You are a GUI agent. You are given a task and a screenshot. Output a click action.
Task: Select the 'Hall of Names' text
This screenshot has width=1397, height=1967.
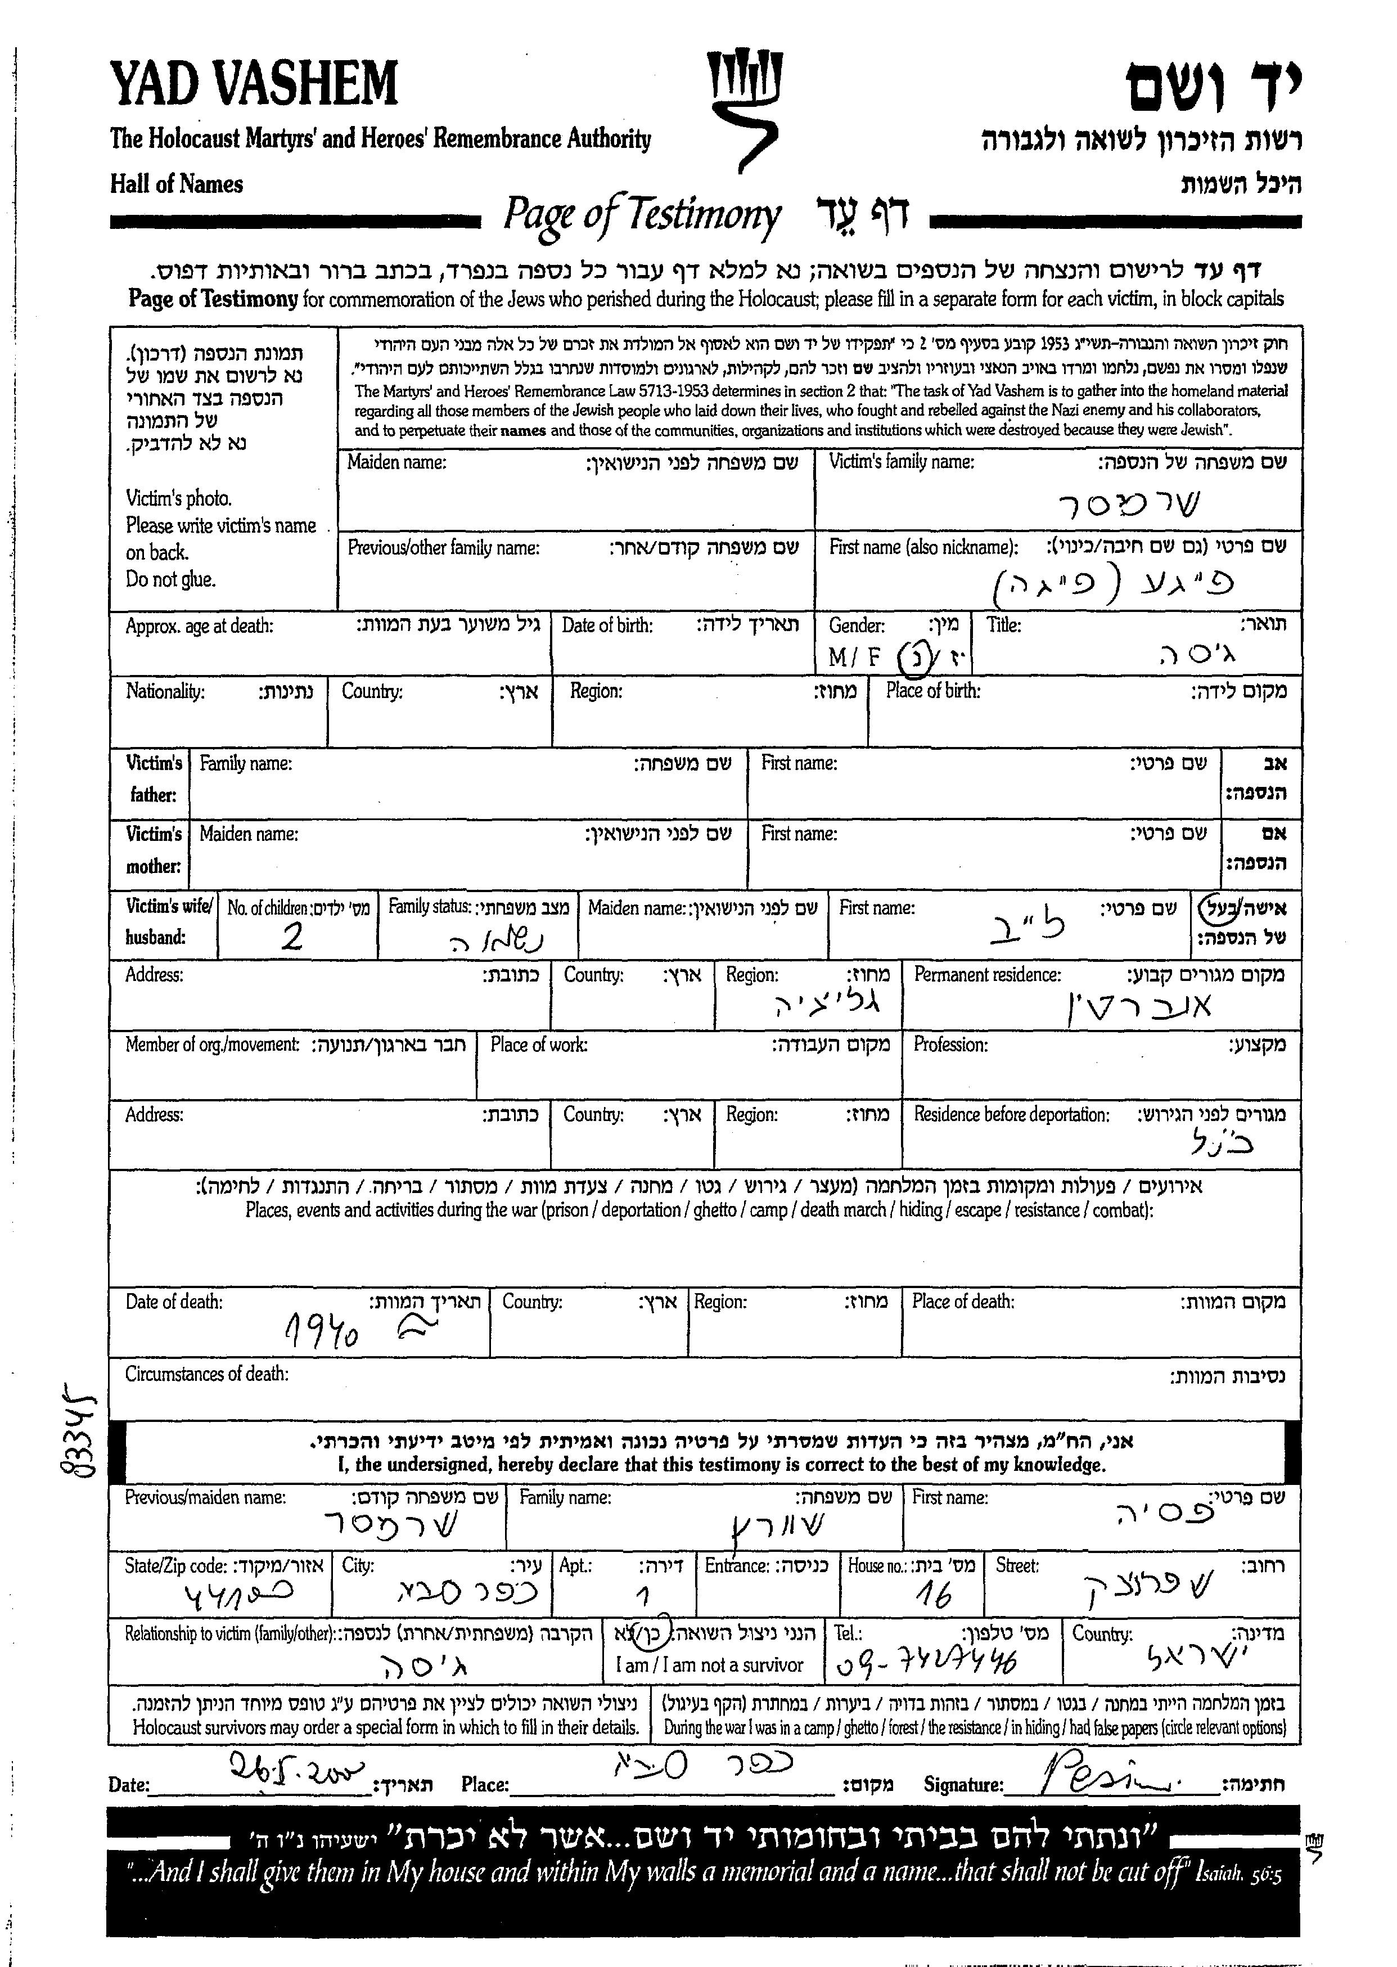[177, 184]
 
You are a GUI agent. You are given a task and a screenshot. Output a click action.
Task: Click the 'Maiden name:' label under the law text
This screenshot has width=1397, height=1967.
[396, 463]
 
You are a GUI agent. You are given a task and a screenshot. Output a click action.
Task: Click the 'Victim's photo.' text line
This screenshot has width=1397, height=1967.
[178, 498]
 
